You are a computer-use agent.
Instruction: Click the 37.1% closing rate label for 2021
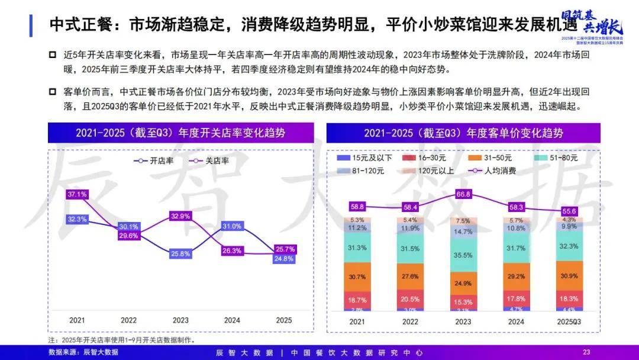pyautogui.click(x=78, y=194)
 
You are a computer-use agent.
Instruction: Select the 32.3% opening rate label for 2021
pyautogui.click(x=78, y=219)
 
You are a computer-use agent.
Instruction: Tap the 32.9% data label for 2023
pyautogui.click(x=180, y=216)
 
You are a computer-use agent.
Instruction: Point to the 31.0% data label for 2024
pyautogui.click(x=232, y=226)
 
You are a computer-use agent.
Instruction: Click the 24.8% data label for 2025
pyautogui.click(x=285, y=259)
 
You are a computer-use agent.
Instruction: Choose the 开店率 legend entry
pyautogui.click(x=154, y=160)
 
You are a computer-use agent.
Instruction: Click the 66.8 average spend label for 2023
pyautogui.click(x=463, y=194)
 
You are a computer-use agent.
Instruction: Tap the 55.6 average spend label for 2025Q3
pyautogui.click(x=570, y=211)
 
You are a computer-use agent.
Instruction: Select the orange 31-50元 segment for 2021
pyautogui.click(x=357, y=277)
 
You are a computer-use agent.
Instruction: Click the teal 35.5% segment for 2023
pyautogui.click(x=463, y=255)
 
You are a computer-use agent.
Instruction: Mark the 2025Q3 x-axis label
pyautogui.click(x=570, y=321)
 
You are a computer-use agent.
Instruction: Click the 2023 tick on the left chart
pyautogui.click(x=180, y=320)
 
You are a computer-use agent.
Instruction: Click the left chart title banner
pyautogui.click(x=180, y=133)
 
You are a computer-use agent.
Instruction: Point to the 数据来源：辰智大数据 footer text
pyautogui.click(x=83, y=352)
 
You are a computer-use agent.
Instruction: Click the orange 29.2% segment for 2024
pyautogui.click(x=517, y=276)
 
